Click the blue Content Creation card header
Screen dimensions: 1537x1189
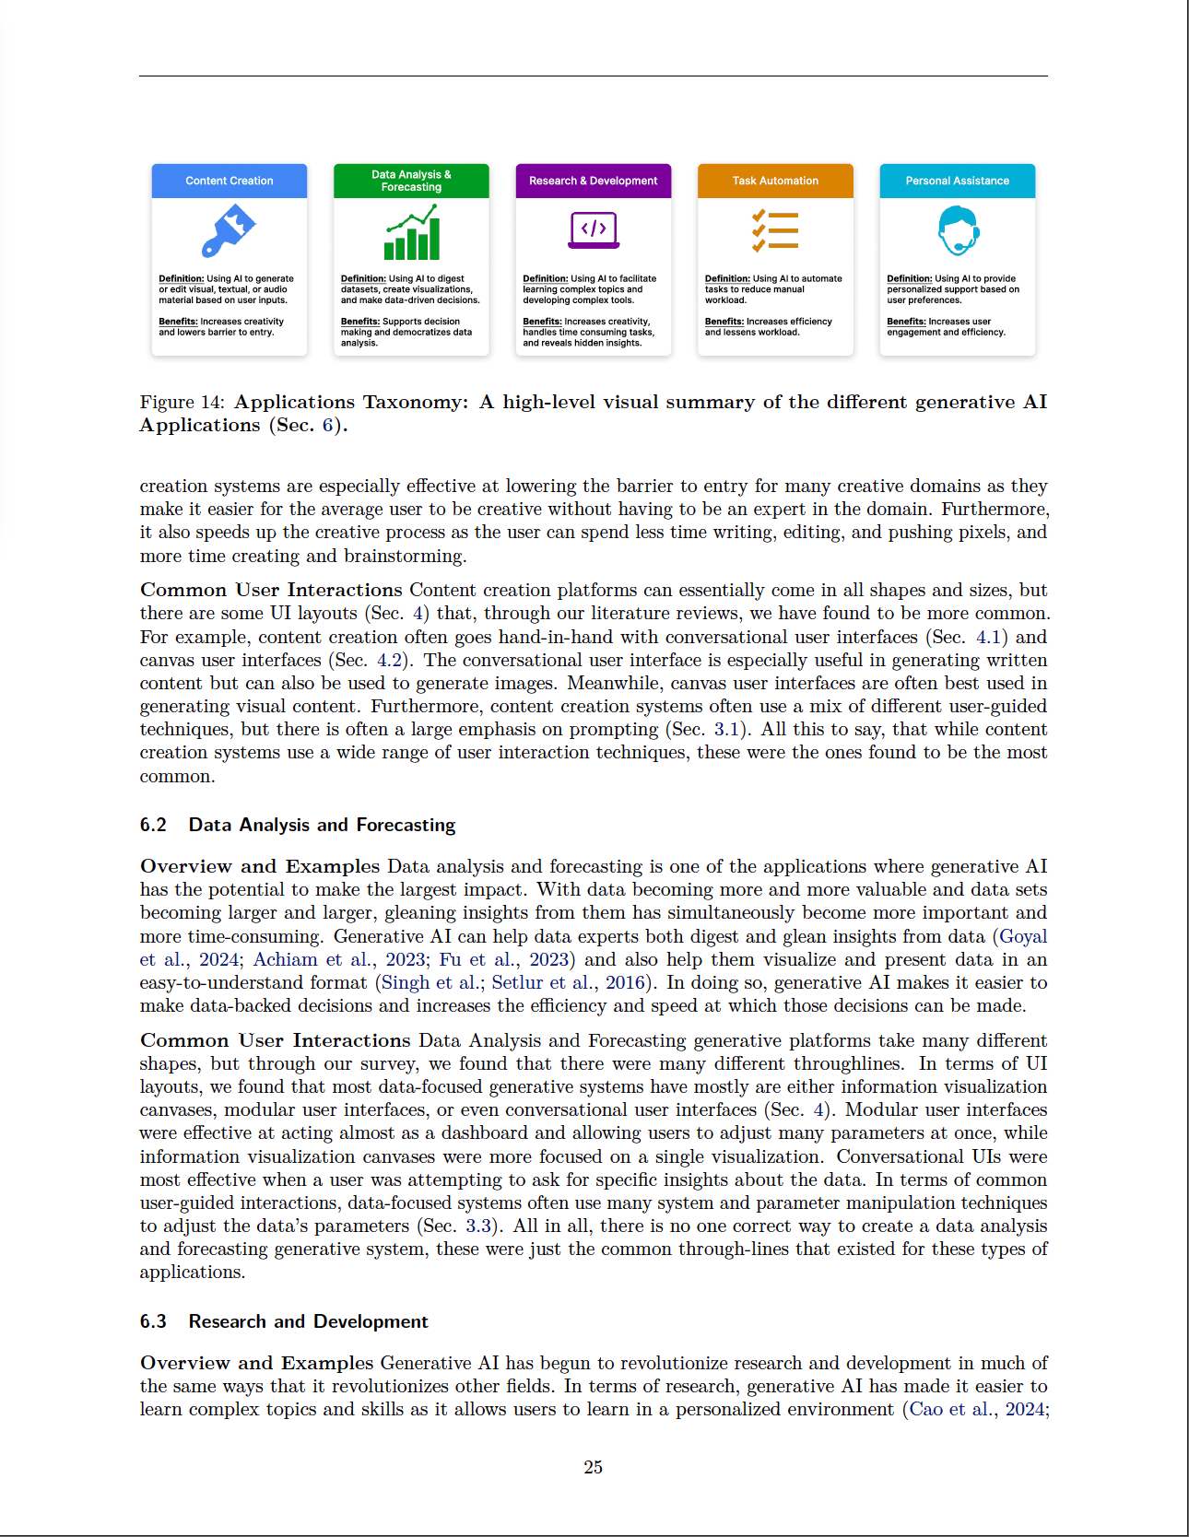229,181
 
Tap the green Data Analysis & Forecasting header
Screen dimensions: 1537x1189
411,181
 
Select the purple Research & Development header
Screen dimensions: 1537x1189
593,181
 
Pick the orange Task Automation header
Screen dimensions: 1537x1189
775,181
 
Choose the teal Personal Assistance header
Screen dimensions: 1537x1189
957,181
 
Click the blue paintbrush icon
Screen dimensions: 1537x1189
228,230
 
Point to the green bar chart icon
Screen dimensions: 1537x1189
411,232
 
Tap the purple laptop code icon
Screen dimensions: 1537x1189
594,230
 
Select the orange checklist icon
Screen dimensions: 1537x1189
775,230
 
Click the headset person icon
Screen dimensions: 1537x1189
958,230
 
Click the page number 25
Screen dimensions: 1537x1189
594,1467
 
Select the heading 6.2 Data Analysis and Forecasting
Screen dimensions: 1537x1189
298,825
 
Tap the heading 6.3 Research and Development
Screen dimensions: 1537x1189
284,1321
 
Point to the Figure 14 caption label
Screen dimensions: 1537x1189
182,402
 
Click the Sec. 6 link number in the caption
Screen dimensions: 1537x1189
327,425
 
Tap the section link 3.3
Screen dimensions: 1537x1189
478,1226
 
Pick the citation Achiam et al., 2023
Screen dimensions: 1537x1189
339,959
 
